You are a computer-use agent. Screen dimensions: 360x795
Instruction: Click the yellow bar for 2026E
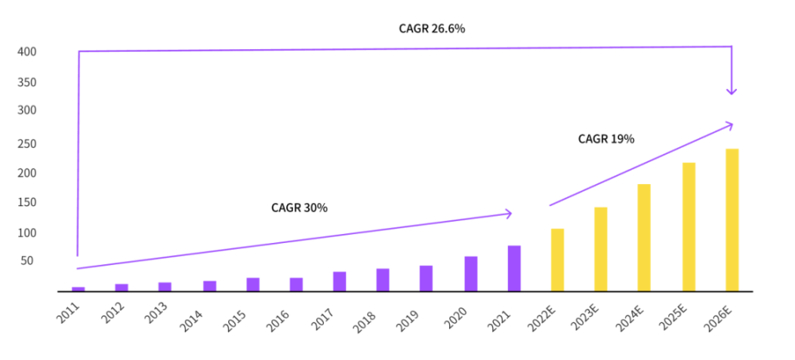tap(731, 219)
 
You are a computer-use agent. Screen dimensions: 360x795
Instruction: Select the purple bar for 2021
tap(514, 268)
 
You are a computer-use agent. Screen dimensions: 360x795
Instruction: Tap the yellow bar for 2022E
tap(557, 259)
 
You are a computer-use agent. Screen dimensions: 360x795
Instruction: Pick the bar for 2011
tap(79, 289)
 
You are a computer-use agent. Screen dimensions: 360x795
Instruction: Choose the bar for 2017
tap(339, 281)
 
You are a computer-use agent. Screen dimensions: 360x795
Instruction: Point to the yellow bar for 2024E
tap(644, 237)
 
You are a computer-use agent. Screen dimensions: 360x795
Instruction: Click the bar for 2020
tap(470, 274)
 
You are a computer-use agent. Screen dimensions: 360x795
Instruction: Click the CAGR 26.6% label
tap(432, 29)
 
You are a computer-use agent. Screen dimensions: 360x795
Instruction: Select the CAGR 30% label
tap(299, 208)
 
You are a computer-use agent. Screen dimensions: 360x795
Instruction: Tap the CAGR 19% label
tap(606, 139)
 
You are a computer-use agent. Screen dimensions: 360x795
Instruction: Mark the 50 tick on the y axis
tap(29, 261)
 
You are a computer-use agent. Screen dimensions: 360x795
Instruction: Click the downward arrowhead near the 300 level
tap(732, 92)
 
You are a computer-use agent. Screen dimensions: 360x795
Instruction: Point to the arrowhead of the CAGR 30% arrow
tap(509, 214)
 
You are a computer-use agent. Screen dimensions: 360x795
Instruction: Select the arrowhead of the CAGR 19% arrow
tap(730, 124)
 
